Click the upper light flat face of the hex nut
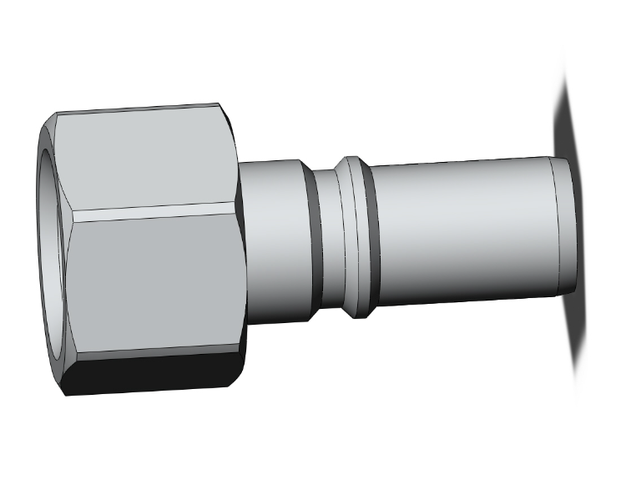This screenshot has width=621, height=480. click(x=146, y=159)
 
